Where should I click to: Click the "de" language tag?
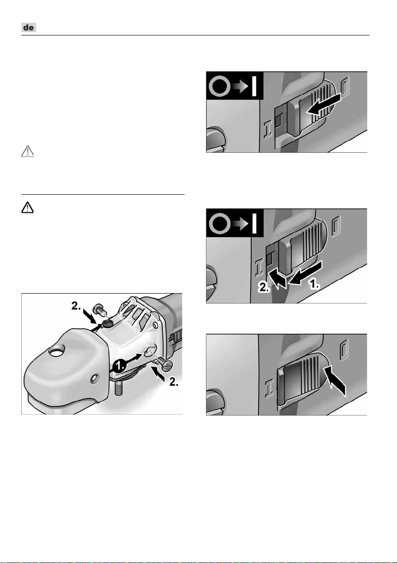click(29, 27)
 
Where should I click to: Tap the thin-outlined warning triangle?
click(27, 152)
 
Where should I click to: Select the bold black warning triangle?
click(27, 208)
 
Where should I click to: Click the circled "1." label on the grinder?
click(119, 367)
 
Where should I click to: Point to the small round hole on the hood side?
click(94, 377)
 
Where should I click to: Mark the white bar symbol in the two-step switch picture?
click(254, 223)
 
